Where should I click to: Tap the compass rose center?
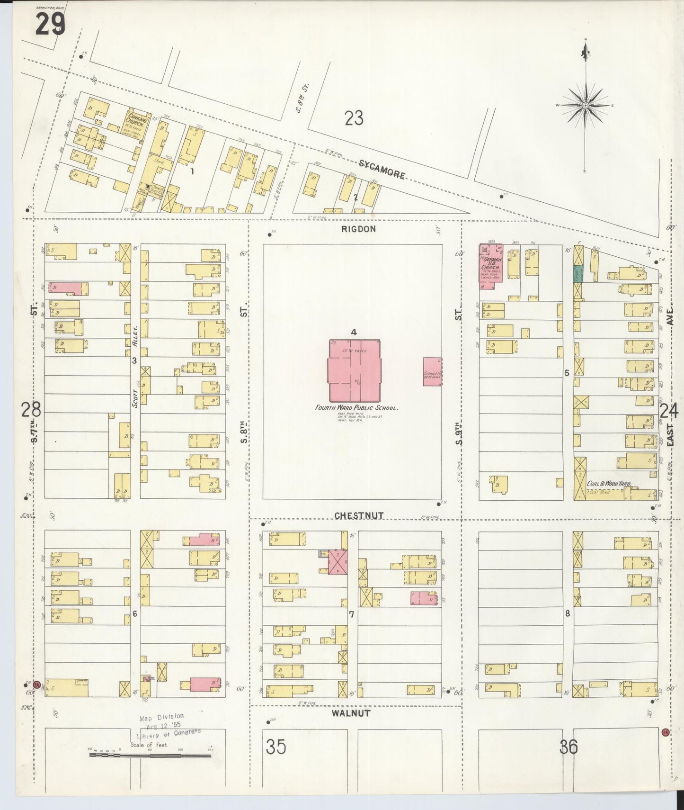tap(586, 105)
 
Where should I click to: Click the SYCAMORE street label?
tap(382, 169)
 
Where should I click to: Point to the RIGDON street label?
tap(358, 229)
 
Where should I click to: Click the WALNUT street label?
tap(351, 713)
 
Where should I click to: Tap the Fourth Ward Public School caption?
tap(357, 407)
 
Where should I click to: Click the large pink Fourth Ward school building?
tap(355, 370)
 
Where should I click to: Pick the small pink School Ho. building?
tap(432, 371)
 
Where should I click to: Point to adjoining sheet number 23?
tap(354, 118)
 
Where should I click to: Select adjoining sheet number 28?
tap(31, 409)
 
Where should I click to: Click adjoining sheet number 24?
tap(669, 411)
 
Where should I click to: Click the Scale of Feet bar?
tap(151, 756)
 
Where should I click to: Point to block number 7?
tap(351, 614)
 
